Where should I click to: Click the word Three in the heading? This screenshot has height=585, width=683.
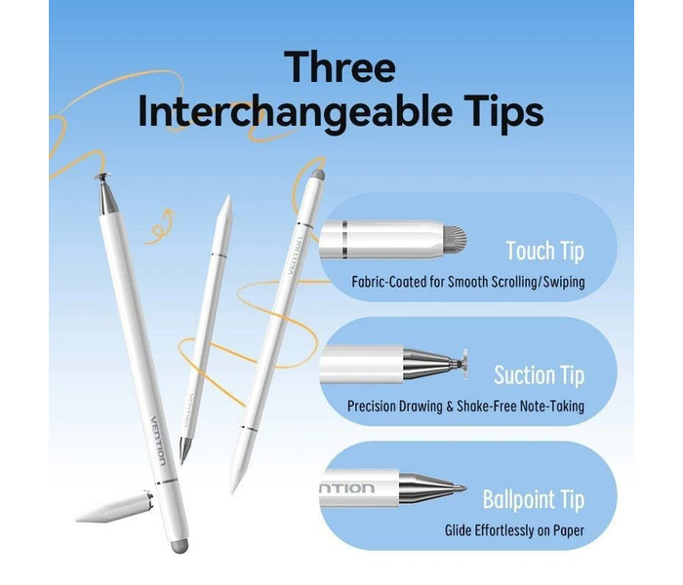click(340, 67)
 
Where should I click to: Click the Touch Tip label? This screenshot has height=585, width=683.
click(544, 252)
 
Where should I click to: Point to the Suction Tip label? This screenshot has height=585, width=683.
click(539, 374)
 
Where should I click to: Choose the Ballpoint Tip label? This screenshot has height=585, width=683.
click(533, 499)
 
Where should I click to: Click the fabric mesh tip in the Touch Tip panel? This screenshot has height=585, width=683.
click(455, 240)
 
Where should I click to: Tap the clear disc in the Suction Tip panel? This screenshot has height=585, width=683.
click(463, 364)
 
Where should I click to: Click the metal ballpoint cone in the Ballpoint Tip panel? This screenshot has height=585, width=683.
click(432, 488)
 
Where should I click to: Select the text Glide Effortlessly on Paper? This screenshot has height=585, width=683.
click(514, 530)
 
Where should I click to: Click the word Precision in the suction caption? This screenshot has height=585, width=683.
click(373, 407)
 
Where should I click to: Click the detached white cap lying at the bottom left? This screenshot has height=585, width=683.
click(114, 507)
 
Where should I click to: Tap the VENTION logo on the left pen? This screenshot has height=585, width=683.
click(158, 441)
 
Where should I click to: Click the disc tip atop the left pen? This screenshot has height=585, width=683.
click(101, 176)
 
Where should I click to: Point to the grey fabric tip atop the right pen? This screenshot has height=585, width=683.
click(318, 175)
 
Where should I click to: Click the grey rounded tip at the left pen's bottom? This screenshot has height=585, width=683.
click(179, 546)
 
